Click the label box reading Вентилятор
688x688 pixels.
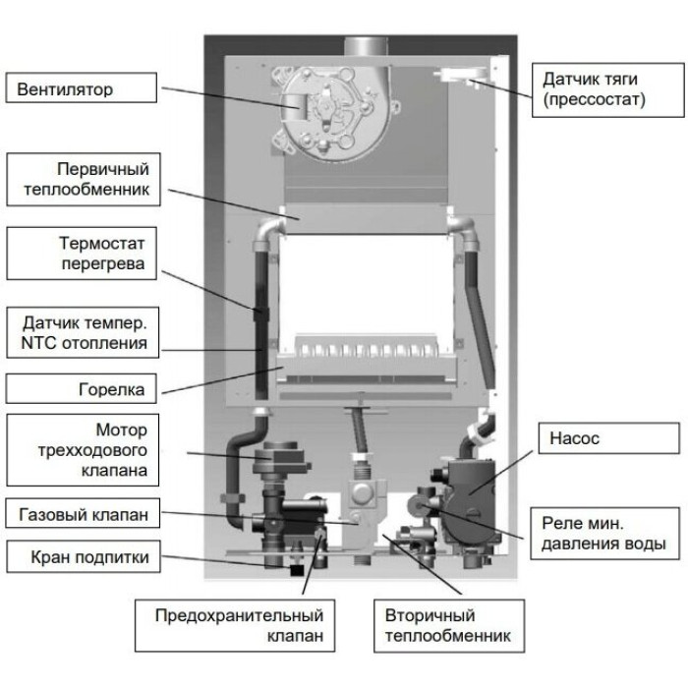coord(81,90)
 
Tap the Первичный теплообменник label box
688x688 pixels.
coord(81,178)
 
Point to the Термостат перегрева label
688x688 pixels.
coord(81,255)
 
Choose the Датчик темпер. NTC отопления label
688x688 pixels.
coord(81,334)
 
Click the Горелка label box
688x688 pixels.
coord(81,390)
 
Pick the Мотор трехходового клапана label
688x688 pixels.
coord(81,451)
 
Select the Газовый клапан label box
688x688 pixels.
coord(81,514)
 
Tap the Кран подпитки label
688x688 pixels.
coord(81,558)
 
